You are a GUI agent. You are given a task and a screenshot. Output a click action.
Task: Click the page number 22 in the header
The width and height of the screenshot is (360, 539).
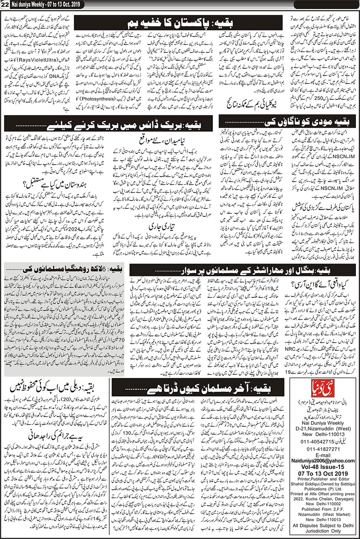[x=5, y=4]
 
